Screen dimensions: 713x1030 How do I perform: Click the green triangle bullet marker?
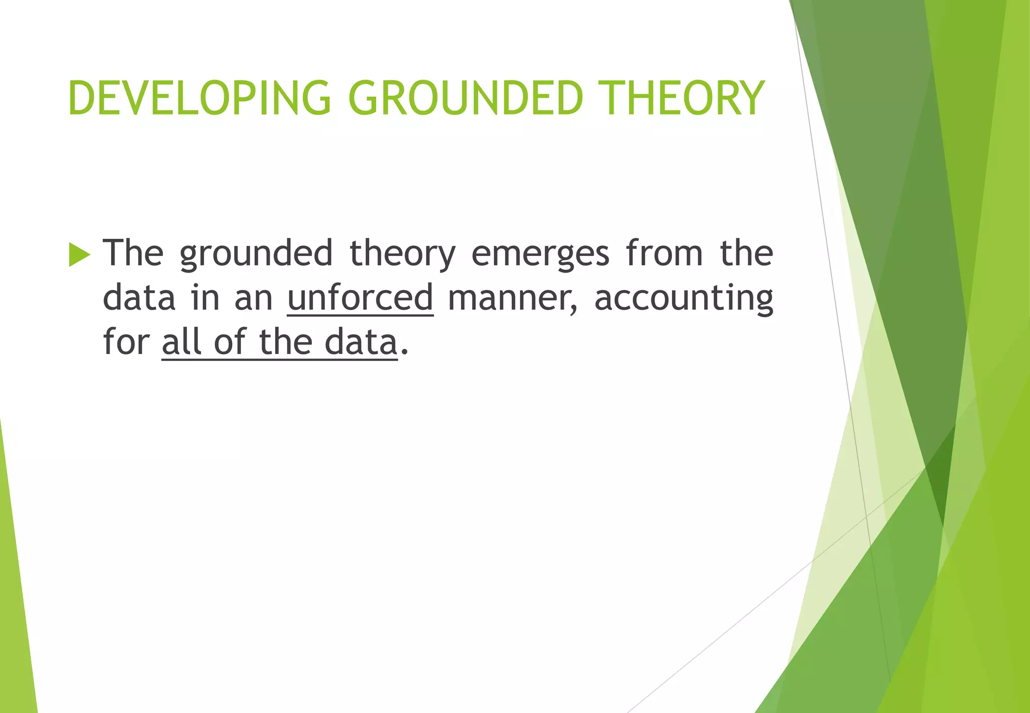pyautogui.click(x=79, y=254)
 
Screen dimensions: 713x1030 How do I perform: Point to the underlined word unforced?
pyautogui.click(x=360, y=298)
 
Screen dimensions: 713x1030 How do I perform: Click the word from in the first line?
pyautogui.click(x=664, y=253)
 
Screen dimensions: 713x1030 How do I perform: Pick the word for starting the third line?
pyautogui.click(x=126, y=342)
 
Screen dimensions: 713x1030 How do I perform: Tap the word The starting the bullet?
pyautogui.click(x=133, y=253)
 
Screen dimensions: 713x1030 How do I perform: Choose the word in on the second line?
pyautogui.click(x=205, y=298)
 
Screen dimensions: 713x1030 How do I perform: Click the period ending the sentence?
pyautogui.click(x=404, y=352)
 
